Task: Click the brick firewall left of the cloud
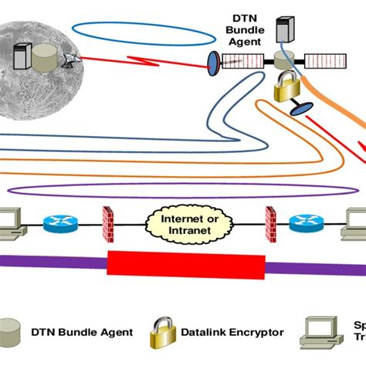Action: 107,223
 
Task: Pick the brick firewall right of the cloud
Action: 270,223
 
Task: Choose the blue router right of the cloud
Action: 305,224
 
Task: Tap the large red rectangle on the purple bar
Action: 183,263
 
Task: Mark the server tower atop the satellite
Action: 283,29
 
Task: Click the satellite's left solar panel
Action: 243,60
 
